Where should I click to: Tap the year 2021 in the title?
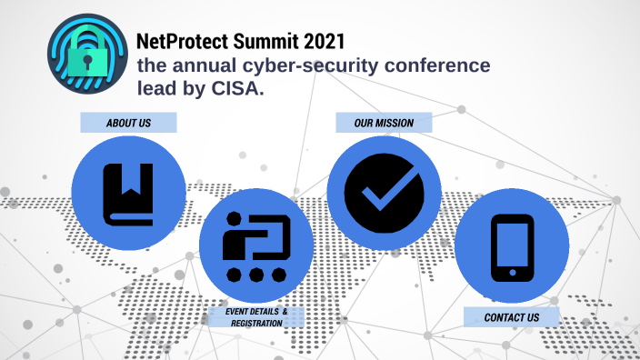click(x=323, y=41)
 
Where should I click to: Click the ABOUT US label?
click(x=128, y=122)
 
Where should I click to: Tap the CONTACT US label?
click(x=511, y=317)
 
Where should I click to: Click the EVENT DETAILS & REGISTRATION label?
click(x=256, y=317)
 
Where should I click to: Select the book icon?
click(x=127, y=194)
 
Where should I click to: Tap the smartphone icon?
click(x=512, y=246)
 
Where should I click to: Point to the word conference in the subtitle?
click(x=435, y=66)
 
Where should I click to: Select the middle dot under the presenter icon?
click(x=255, y=274)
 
